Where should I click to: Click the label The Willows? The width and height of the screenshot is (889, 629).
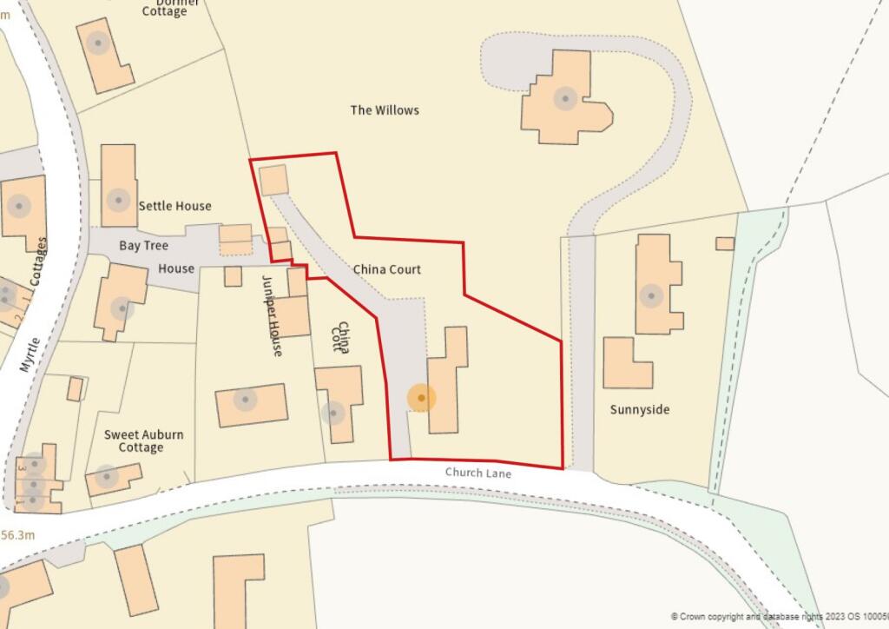tap(385, 110)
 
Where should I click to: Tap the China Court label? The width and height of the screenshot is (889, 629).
tap(386, 269)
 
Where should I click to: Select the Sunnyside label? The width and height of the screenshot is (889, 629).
tap(640, 409)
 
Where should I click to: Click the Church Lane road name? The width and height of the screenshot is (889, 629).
tap(478, 473)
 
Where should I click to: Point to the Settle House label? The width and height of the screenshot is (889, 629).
tap(175, 206)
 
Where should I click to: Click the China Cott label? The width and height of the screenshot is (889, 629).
tap(342, 339)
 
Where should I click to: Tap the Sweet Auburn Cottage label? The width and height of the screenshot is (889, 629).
tap(143, 440)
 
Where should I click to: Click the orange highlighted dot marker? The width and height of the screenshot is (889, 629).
tap(422, 398)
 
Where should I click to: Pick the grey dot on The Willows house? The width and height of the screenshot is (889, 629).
tap(566, 98)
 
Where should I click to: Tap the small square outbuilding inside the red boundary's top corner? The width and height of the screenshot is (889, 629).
tap(273, 179)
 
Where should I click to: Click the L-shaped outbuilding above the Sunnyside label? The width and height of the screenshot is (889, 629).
tap(627, 363)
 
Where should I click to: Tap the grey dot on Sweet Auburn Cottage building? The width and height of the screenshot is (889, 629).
tap(107, 476)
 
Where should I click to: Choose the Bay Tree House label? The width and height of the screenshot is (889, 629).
tap(156, 257)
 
